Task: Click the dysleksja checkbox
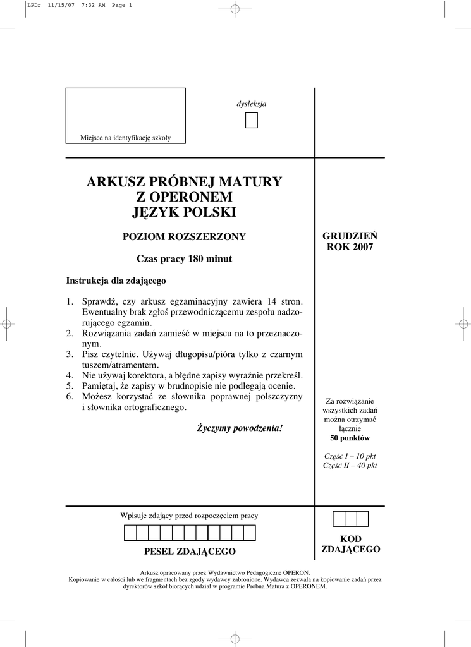coord(252,120)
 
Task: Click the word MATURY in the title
coord(252,182)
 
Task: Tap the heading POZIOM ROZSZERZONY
coord(184,237)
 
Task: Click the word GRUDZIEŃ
coord(350,236)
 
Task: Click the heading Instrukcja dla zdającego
coord(116,281)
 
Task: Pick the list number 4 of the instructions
coord(70,375)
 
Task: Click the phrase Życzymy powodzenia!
coord(240,428)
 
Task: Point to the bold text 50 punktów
coord(350,438)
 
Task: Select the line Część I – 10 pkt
coord(350,456)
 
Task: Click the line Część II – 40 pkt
coord(350,466)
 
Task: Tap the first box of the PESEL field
coord(130,533)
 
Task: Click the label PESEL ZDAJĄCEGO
coord(190,552)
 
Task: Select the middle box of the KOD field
coord(350,519)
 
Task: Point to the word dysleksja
coord(252,104)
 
